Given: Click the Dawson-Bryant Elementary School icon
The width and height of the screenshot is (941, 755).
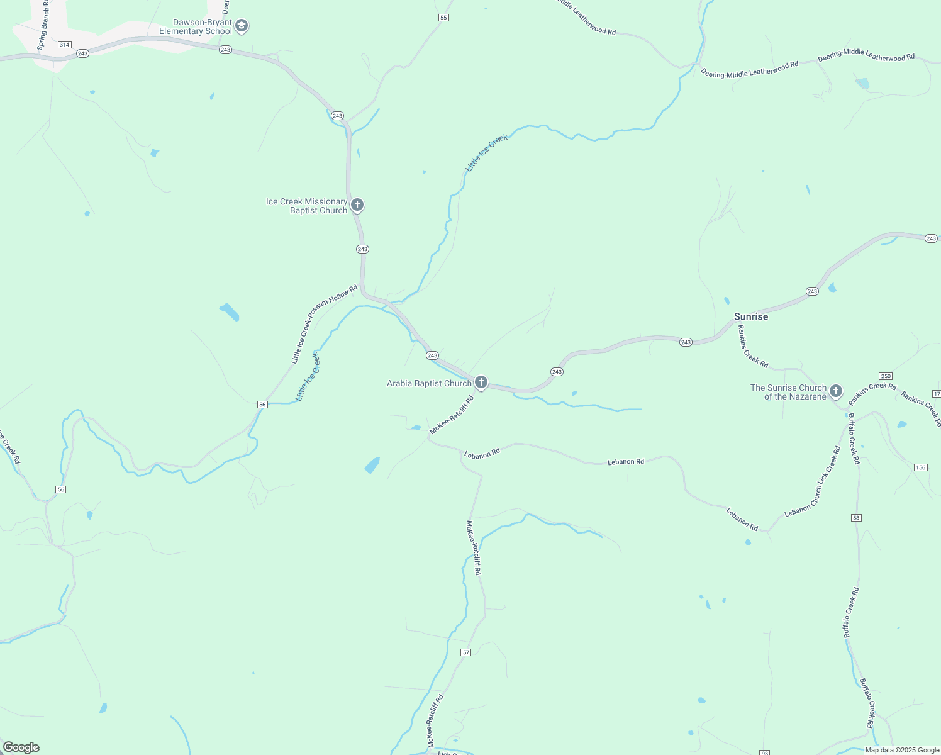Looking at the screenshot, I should [242, 26].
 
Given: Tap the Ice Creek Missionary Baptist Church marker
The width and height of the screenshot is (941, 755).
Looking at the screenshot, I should [357, 205].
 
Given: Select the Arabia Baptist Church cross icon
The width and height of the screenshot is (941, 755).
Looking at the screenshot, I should [481, 383].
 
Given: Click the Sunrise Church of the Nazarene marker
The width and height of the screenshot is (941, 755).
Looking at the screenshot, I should [836, 391].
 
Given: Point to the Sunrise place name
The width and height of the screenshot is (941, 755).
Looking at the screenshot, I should [751, 316].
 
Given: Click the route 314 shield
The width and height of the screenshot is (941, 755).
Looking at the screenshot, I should [64, 45].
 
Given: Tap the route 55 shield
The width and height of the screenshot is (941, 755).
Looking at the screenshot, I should [443, 18].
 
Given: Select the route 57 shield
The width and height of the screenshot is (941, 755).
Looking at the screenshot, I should [465, 652].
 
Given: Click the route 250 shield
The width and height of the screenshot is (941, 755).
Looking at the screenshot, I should [886, 376].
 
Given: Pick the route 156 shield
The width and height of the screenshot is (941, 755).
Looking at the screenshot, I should [920, 467].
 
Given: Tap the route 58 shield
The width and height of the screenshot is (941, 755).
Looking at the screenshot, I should [856, 518].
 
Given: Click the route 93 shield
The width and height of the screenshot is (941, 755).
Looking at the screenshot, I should [764, 752].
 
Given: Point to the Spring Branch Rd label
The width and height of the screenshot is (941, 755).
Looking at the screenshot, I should [42, 25].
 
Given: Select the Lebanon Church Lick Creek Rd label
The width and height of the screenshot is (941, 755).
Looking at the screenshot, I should [813, 482].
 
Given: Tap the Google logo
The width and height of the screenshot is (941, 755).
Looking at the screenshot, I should [21, 747].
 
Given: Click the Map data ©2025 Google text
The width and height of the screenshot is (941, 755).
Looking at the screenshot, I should [902, 750].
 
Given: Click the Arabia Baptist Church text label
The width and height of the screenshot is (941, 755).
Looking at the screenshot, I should [429, 383].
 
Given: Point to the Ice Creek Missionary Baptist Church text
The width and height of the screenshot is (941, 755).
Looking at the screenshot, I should [306, 206].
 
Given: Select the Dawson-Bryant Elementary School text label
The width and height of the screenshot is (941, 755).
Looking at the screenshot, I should [196, 26].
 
